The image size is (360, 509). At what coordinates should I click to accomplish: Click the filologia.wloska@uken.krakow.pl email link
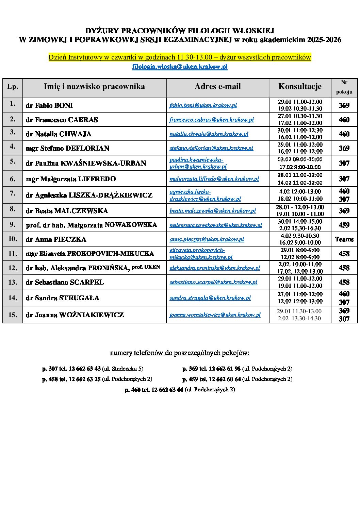180,67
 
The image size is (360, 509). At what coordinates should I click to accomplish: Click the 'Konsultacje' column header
300,87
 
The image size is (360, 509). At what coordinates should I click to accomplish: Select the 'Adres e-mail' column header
217,87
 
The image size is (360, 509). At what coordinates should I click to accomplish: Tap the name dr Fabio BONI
49,105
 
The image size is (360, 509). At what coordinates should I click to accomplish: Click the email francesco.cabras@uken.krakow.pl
212,120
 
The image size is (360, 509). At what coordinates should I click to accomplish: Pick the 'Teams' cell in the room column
344,239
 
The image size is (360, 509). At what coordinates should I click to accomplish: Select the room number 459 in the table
344,225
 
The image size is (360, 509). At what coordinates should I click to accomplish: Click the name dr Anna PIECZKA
56,239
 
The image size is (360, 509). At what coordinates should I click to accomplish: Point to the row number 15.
13,315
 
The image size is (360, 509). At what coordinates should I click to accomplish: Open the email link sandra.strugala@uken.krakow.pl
210,298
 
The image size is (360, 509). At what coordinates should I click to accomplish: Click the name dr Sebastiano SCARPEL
65,282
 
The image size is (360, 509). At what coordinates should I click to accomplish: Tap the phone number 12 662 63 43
85,369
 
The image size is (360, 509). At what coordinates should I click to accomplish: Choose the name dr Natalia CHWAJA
59,134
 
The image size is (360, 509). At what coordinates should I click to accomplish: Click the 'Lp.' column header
13,87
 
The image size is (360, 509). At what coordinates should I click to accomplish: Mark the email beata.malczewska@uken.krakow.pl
213,211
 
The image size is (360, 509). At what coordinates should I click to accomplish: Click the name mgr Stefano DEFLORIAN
67,148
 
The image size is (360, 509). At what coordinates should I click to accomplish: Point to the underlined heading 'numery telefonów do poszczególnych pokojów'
180,353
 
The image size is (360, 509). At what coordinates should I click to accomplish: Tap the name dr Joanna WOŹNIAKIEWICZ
75,315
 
